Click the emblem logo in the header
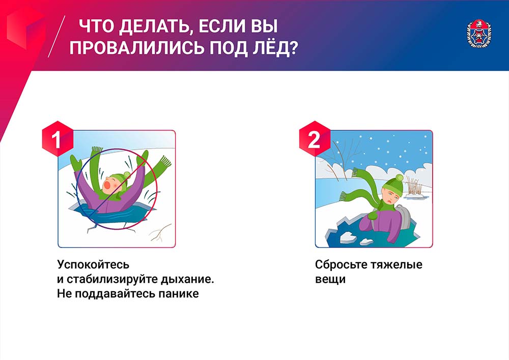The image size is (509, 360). pyautogui.click(x=479, y=34)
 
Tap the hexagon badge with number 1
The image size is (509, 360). pyautogui.click(x=58, y=139)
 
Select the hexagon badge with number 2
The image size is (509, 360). pyautogui.click(x=315, y=139)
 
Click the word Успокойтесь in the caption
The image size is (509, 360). pyautogui.click(x=93, y=265)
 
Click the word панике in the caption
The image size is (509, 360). pyautogui.click(x=179, y=293)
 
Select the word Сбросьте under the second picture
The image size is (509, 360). pyautogui.click(x=341, y=265)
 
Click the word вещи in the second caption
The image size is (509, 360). pyautogui.click(x=330, y=279)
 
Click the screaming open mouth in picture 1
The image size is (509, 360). pyautogui.click(x=107, y=185)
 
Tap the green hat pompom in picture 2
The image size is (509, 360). pyautogui.click(x=399, y=178)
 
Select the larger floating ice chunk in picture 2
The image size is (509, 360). pyautogui.click(x=348, y=237)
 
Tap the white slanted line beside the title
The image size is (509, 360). pyautogui.click(x=56, y=36)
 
